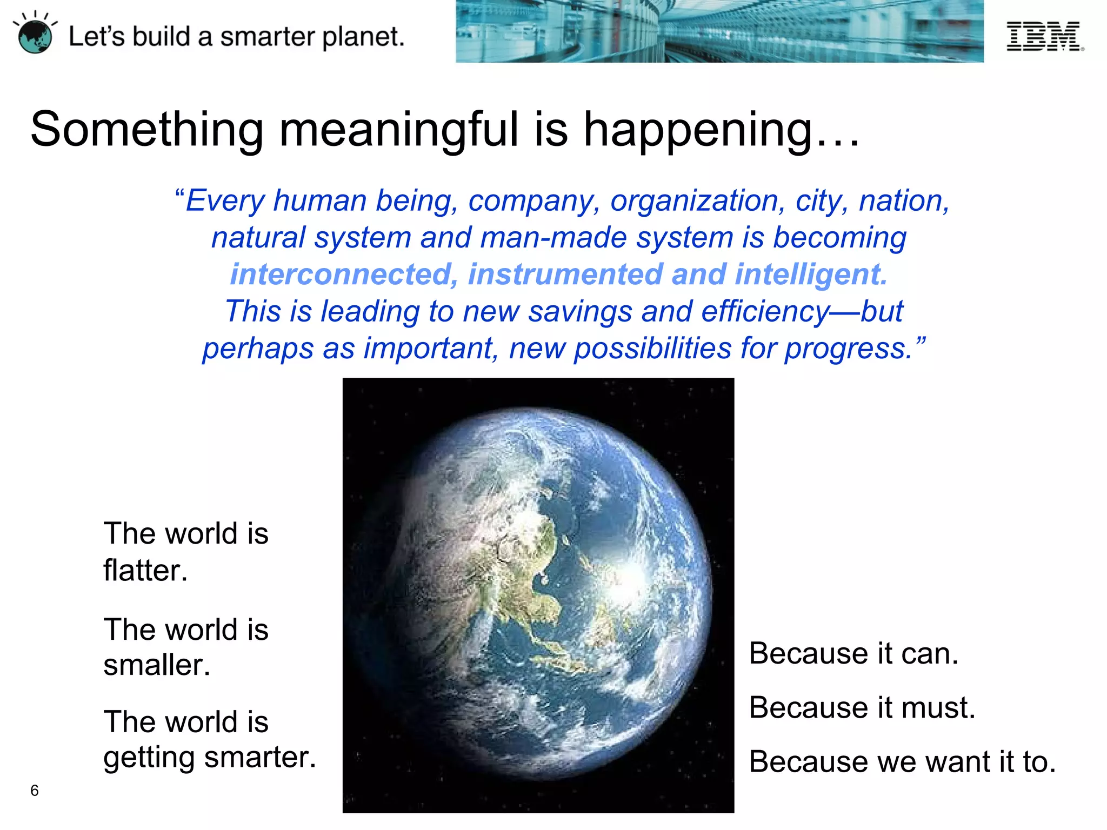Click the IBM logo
(1044, 36)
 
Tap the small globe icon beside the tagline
(35, 36)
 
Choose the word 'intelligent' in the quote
(810, 275)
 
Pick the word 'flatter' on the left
(145, 571)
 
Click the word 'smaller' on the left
(156, 665)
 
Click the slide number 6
(35, 791)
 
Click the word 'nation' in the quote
(903, 201)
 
